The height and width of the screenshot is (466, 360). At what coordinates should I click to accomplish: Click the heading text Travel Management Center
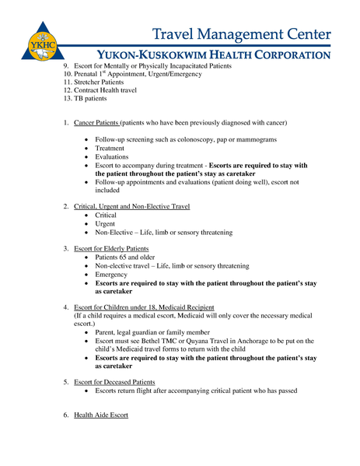click(x=242, y=34)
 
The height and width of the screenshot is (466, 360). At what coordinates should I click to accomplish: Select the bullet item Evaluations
click(x=113, y=156)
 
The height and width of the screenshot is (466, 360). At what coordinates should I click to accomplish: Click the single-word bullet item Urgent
click(x=107, y=224)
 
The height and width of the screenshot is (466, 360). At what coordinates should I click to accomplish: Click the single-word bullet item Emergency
click(x=111, y=275)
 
